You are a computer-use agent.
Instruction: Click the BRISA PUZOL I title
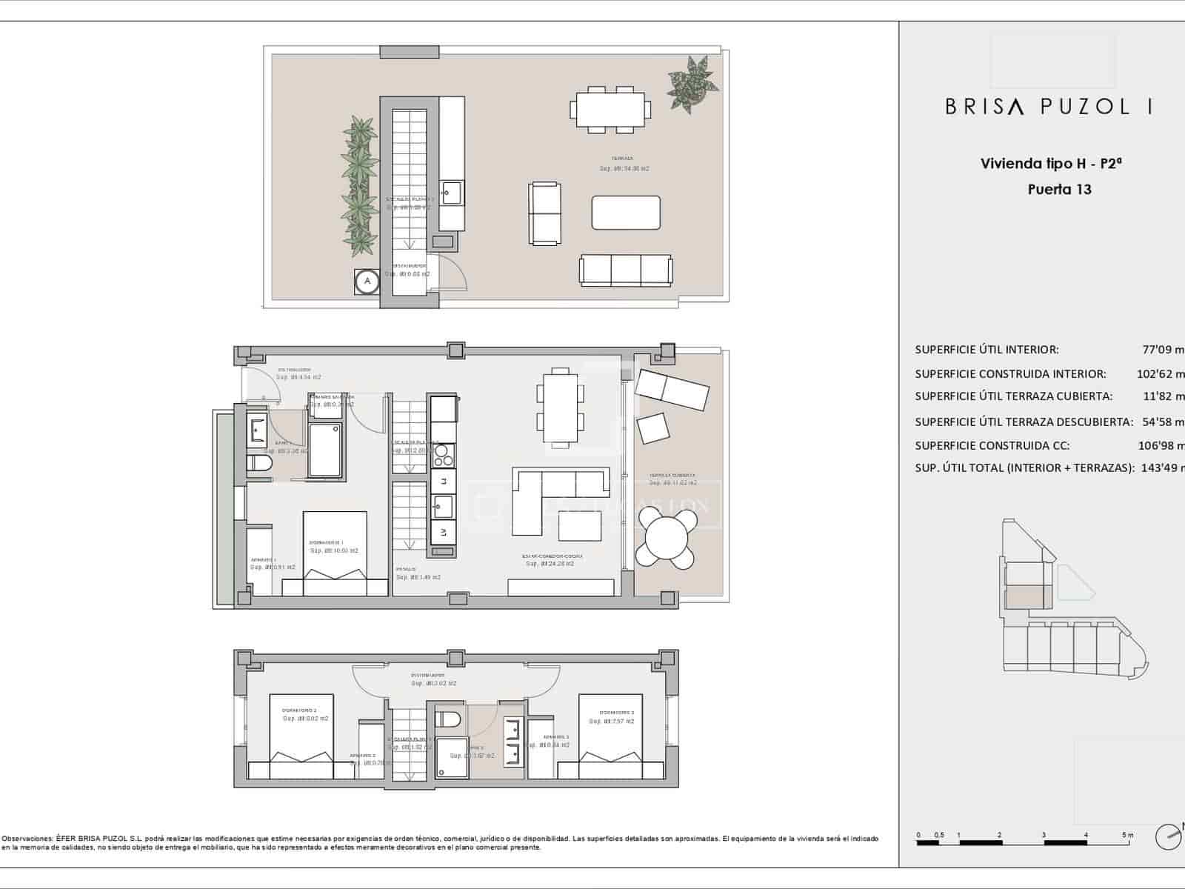[1048, 107]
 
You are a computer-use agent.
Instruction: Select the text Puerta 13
[1059, 189]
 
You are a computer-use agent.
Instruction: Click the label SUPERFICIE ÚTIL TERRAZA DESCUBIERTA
[1024, 422]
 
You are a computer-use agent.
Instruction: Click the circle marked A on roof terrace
[367, 282]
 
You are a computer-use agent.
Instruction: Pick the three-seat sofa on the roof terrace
[626, 270]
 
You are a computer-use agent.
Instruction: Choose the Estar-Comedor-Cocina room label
[552, 556]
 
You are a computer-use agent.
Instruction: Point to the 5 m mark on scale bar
[1127, 835]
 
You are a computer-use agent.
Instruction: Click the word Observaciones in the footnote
[26, 839]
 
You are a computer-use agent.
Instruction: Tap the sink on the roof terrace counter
[450, 194]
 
